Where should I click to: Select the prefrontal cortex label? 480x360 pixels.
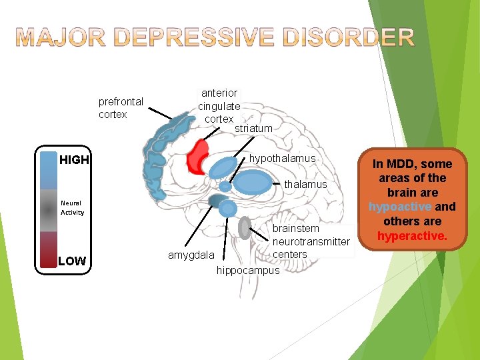tap(121, 108)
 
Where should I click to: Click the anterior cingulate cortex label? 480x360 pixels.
tap(219, 106)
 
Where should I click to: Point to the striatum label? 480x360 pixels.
tap(253, 128)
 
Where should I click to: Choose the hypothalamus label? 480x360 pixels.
tap(282, 159)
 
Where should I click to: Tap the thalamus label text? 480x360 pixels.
tap(306, 184)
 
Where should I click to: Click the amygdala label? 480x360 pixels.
tap(191, 255)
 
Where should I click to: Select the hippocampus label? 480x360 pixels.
tap(248, 271)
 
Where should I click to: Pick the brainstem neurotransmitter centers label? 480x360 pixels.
tap(311, 241)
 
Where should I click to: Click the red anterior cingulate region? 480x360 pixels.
tap(197, 157)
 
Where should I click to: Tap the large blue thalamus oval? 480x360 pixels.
tap(253, 181)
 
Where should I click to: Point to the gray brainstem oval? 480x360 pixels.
tap(245, 228)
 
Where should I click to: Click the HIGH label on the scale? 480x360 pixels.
tap(73, 160)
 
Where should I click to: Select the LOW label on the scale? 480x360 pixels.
tap(72, 261)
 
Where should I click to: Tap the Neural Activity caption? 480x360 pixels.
tap(72, 208)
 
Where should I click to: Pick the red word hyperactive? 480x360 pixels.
tap(411, 236)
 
